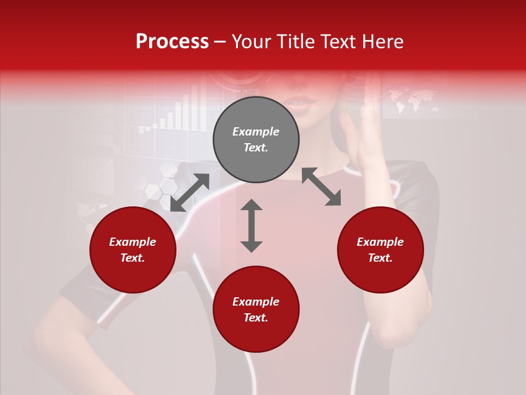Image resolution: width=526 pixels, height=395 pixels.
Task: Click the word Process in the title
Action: [x=172, y=42]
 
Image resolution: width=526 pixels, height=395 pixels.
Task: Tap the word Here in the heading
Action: [x=382, y=42]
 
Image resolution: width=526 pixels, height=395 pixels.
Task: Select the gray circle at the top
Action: [x=256, y=140]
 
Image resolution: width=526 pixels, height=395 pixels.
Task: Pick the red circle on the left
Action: [x=133, y=250]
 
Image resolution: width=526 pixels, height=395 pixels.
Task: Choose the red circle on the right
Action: [x=380, y=250]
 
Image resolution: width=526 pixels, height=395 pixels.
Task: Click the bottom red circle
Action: [x=256, y=309]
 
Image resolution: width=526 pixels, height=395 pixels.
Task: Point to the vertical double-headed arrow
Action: [x=251, y=225]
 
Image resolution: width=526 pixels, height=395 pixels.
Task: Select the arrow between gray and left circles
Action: [x=190, y=192]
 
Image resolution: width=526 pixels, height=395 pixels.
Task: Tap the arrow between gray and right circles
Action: [x=321, y=187]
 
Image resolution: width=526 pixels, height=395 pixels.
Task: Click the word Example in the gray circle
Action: [x=256, y=132]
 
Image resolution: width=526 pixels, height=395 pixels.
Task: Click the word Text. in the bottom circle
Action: [x=256, y=318]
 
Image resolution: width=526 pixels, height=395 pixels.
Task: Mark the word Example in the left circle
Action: [x=133, y=242]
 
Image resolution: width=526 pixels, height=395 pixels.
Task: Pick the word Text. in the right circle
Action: [x=380, y=258]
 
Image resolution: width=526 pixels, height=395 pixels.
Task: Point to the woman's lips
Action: [x=300, y=101]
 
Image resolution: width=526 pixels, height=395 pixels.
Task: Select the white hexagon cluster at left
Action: [x=161, y=184]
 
